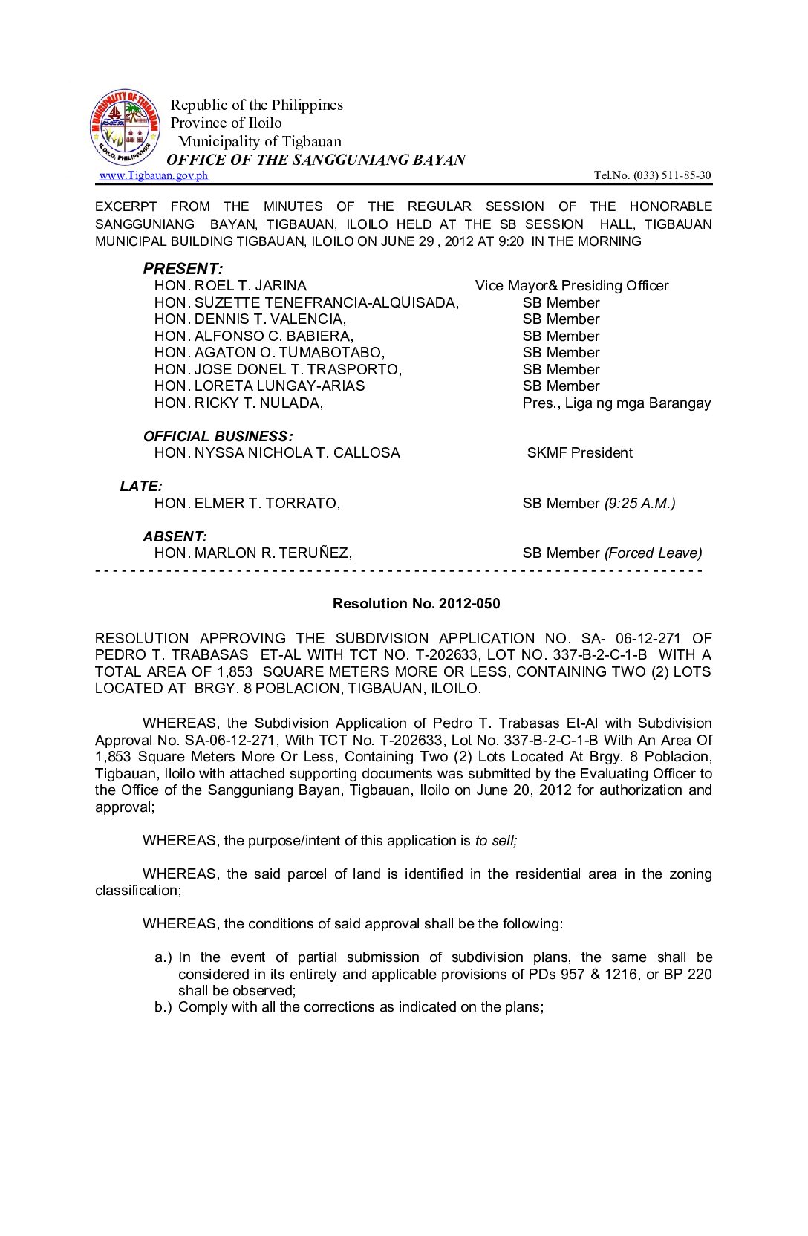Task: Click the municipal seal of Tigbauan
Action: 125,128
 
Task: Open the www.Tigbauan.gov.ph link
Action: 153,175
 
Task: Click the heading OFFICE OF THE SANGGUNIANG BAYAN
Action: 316,160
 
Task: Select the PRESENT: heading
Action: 183,269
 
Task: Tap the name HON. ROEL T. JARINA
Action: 230,286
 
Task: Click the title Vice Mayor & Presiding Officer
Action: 572,286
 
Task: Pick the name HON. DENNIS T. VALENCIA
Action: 250,319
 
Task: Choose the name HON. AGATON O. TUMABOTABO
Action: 270,353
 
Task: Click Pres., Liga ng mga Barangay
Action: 616,403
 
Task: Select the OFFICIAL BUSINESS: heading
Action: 218,436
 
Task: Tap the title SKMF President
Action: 579,453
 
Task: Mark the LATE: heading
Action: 141,487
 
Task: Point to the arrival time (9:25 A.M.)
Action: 639,504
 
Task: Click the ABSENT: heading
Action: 175,536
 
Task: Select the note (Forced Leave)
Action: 653,553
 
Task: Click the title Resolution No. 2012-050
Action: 416,604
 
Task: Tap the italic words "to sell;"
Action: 496,841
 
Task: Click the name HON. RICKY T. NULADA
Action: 238,403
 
